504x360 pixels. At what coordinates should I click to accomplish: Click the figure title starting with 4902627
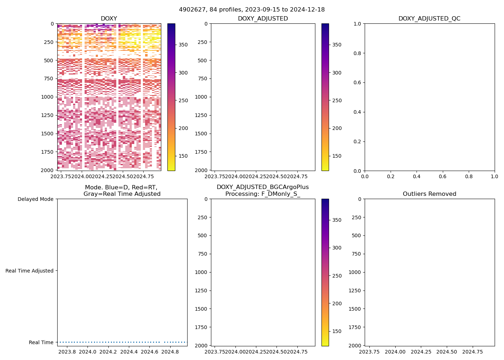tap(252, 9)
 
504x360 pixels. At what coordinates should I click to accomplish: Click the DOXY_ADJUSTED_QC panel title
tap(429, 19)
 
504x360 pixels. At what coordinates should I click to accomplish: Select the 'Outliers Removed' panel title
tap(429, 194)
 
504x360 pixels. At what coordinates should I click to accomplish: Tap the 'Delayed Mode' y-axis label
tap(35, 199)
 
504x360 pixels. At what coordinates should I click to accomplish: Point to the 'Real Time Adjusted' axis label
tap(30, 271)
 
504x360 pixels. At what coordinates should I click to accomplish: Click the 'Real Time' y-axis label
tap(41, 342)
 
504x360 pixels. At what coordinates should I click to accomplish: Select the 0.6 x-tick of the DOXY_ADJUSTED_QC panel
tap(442, 177)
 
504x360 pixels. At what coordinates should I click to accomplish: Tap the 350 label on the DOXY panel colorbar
tap(183, 45)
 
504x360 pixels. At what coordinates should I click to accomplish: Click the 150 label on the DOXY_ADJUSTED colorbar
tap(337, 156)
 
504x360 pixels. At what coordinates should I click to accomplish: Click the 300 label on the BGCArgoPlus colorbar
tap(337, 248)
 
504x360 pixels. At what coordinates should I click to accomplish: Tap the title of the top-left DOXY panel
tap(109, 19)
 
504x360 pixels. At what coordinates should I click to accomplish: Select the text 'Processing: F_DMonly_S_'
tap(262, 194)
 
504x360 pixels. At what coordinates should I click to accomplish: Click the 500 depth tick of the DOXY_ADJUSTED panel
tap(203, 60)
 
